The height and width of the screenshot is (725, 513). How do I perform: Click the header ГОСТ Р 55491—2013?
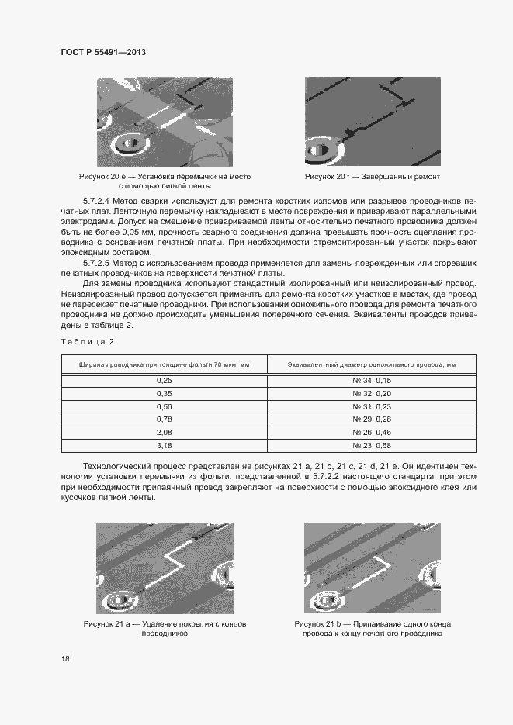point(103,52)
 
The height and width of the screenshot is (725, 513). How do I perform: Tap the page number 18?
point(65,659)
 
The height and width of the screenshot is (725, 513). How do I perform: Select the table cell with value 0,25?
point(164,381)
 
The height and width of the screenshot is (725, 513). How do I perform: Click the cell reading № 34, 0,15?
point(371,381)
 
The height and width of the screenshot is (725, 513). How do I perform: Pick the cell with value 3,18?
point(164,446)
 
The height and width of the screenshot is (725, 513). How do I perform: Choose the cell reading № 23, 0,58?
point(371,446)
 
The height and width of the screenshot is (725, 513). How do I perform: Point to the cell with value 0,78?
point(164,419)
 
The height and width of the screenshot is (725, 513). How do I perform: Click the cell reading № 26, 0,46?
point(371,433)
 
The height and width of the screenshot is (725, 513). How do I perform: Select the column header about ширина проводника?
point(164,364)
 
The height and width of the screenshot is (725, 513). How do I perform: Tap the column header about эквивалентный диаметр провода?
point(371,364)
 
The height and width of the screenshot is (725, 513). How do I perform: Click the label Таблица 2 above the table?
point(87,341)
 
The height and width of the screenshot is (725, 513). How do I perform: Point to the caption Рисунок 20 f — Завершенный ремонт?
point(373,177)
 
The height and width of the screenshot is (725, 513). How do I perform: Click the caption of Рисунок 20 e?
point(165,181)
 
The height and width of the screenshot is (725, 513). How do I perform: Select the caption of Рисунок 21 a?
point(165,628)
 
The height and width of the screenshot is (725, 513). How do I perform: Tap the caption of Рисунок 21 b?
point(373,628)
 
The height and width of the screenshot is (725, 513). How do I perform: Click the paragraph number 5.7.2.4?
point(97,201)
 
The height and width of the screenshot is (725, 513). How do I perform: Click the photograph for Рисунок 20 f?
point(373,121)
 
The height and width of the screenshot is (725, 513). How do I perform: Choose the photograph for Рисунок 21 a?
point(165,567)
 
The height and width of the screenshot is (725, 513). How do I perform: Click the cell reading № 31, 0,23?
point(371,406)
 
